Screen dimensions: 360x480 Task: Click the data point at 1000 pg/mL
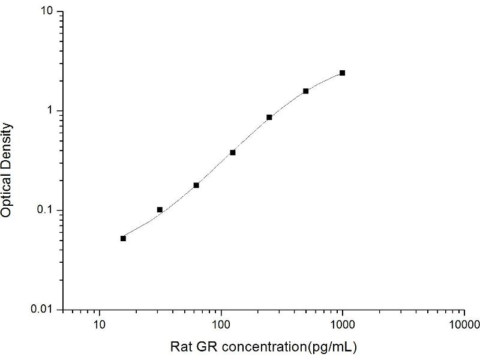[x=342, y=73]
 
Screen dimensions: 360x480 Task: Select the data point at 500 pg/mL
[x=305, y=91]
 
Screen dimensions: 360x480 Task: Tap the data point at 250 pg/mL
[x=269, y=117]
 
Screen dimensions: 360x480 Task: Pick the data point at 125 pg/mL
[x=233, y=152]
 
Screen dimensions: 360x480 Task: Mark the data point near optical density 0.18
[x=196, y=185]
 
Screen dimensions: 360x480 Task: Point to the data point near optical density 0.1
[x=160, y=209]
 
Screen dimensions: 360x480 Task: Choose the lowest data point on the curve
[x=123, y=238]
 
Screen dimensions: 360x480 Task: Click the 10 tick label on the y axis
[x=48, y=12]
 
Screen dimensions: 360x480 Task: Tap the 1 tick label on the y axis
[x=52, y=111]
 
